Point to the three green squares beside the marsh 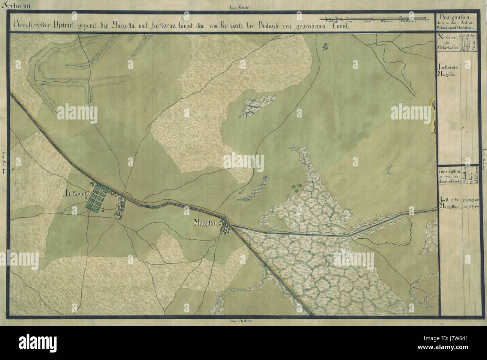(x=296, y=187)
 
